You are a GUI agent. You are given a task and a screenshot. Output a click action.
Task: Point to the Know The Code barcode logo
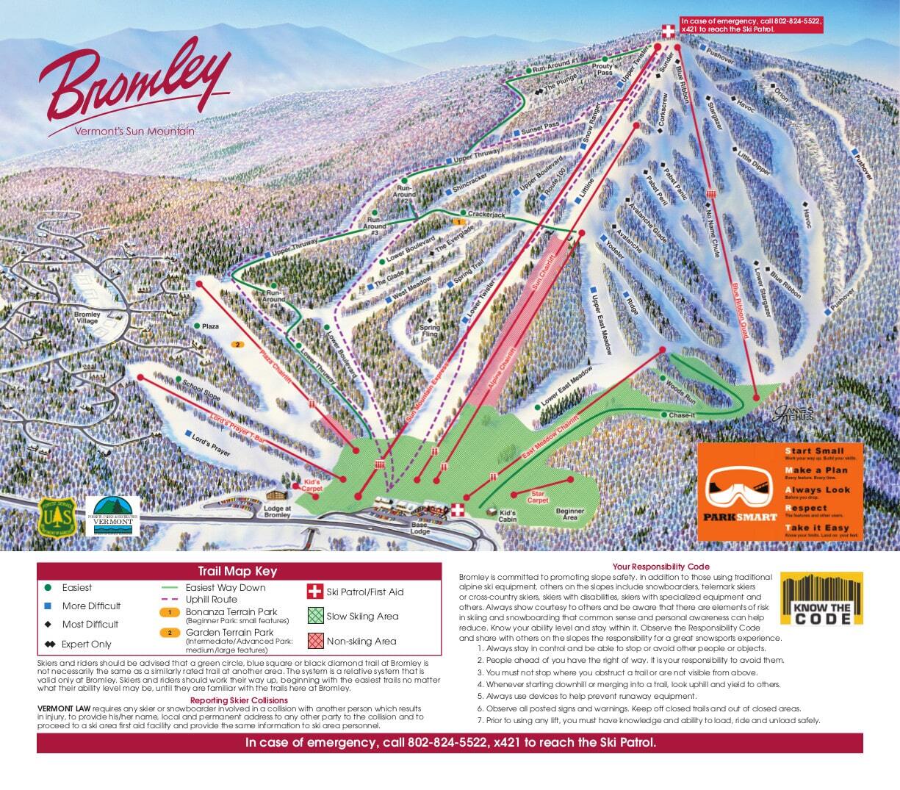821,599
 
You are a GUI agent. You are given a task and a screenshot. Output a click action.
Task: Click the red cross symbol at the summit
668,31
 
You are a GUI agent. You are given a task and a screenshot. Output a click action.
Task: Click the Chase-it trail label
683,415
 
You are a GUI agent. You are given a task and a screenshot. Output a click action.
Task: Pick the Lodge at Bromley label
278,511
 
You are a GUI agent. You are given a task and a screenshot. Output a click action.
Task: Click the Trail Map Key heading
237,571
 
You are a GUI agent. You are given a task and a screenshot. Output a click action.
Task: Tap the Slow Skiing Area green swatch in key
314,616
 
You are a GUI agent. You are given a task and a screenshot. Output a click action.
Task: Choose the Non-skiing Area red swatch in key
314,641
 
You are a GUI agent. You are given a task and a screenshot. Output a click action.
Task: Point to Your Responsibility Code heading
660,567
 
